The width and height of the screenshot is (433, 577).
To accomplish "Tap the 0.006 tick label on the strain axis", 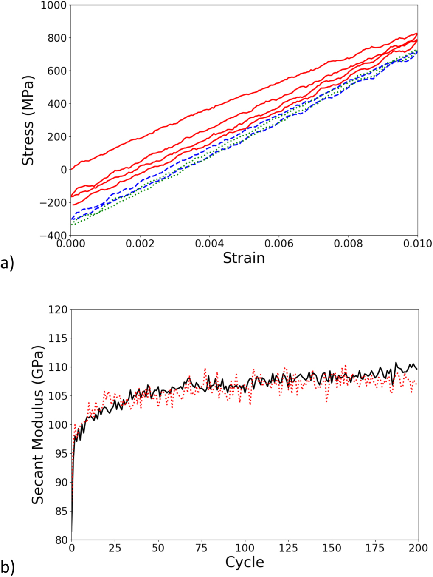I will (x=279, y=244).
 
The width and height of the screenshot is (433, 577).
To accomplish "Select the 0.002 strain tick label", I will (x=140, y=244).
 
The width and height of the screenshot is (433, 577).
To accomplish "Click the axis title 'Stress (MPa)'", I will (x=28, y=120).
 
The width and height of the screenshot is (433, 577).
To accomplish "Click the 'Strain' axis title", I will (x=244, y=258).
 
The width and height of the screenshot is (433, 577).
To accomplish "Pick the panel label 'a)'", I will (x=7, y=264).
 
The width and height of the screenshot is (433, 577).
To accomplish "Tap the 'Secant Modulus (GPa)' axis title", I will (x=38, y=425).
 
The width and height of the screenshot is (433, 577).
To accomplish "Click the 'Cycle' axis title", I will (x=245, y=562).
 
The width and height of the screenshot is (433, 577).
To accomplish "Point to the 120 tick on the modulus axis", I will (x=58, y=310).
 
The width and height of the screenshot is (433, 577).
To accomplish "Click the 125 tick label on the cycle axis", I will (x=288, y=548).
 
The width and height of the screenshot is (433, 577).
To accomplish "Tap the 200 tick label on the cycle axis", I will (x=418, y=548).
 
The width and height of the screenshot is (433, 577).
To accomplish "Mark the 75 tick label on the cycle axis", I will (x=202, y=548).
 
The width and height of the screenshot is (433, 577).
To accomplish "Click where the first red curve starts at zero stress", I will (x=71, y=169).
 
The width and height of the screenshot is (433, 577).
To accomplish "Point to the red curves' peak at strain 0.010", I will (x=417, y=34).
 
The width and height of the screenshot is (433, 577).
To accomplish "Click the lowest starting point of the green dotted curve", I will (x=71, y=224).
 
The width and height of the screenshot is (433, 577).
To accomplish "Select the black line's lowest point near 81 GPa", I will (x=72, y=532).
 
